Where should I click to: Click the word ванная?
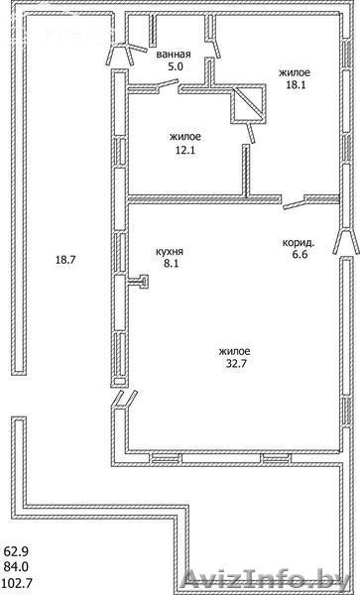(174, 55)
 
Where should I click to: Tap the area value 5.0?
(176, 66)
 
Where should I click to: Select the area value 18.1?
(296, 84)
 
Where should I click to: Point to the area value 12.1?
(185, 150)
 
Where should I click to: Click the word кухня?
(170, 251)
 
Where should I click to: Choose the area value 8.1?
(172, 264)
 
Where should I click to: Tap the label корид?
(299, 243)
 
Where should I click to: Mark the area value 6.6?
(300, 254)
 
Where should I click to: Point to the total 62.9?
(16, 550)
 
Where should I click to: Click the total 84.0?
(16, 566)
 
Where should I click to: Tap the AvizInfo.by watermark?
(267, 580)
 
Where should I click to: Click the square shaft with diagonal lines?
(249, 104)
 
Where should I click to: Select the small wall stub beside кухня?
(139, 282)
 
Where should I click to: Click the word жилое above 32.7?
(234, 351)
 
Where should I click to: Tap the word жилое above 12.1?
(185, 137)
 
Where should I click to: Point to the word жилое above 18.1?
(295, 72)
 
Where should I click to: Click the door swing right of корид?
(346, 241)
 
